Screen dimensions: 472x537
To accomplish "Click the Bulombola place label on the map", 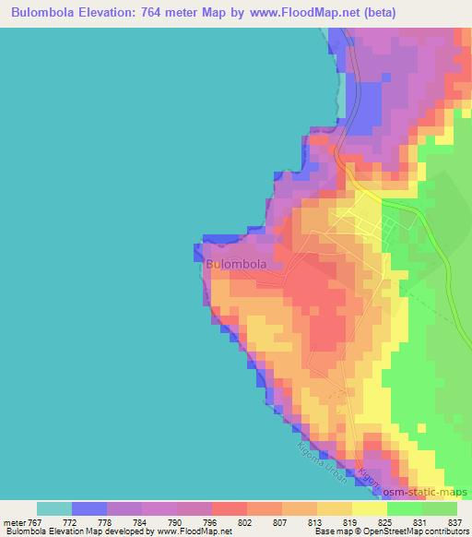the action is [x=237, y=264].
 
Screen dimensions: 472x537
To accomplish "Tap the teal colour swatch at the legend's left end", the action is [x=54, y=507].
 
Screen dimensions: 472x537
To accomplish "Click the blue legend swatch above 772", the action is [x=89, y=507].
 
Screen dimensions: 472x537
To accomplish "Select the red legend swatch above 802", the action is [x=229, y=507].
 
